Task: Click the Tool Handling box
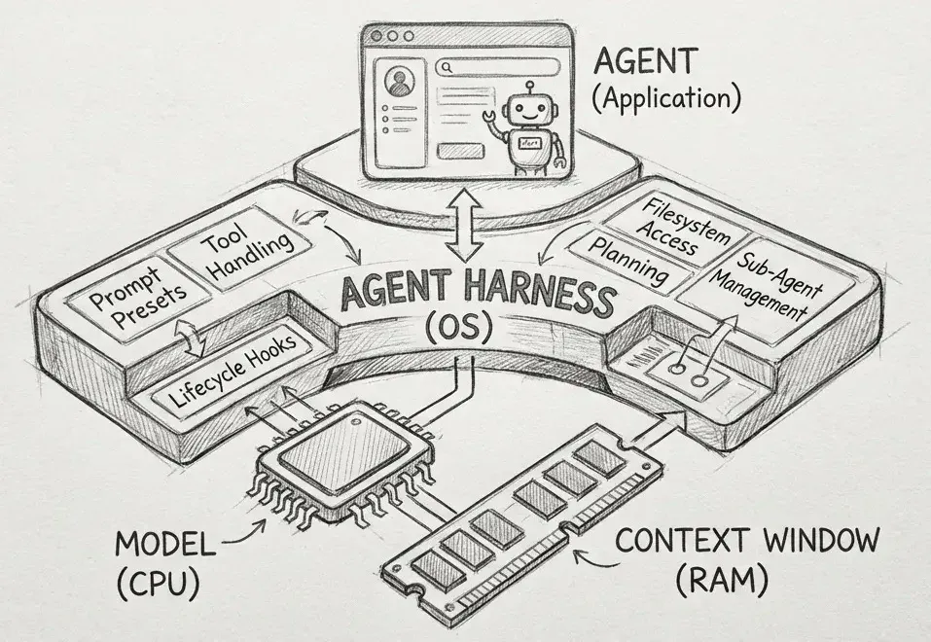coord(238,248)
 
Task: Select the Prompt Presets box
coord(138,300)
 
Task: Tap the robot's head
coord(523,109)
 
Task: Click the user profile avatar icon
coord(399,82)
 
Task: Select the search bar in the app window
coord(497,67)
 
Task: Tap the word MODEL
coord(165,546)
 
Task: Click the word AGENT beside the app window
coord(645,60)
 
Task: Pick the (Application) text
coord(666,99)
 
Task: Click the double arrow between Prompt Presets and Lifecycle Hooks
coord(193,338)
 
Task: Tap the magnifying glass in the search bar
coord(448,67)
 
